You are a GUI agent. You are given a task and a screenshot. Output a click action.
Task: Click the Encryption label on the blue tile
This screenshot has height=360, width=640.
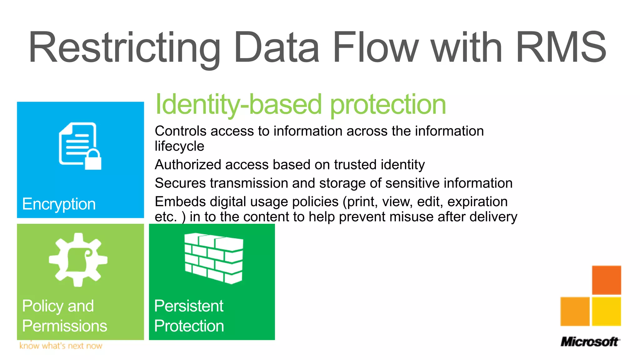[x=59, y=204]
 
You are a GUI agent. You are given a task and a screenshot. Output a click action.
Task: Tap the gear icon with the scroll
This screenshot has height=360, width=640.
[x=78, y=259]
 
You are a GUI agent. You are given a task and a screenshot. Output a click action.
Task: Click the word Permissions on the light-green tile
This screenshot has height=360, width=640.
[x=65, y=326]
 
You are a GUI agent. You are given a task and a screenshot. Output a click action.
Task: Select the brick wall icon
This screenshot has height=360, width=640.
[x=214, y=258]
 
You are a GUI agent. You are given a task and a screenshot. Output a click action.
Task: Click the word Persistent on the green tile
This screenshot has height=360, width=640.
[x=189, y=306]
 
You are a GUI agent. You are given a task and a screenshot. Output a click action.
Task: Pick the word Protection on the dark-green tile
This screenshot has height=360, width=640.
[x=189, y=326]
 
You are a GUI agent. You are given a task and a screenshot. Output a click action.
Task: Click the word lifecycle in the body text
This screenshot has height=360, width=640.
[x=179, y=146]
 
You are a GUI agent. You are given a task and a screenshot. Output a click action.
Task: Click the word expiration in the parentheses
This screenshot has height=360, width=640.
[x=477, y=202]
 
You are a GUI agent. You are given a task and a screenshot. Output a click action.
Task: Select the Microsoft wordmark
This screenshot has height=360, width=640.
[x=589, y=342]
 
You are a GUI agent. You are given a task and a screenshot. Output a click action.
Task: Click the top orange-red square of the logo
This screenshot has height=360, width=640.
[x=606, y=280]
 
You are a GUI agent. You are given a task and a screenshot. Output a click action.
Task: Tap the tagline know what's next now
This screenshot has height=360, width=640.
[x=61, y=346]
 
